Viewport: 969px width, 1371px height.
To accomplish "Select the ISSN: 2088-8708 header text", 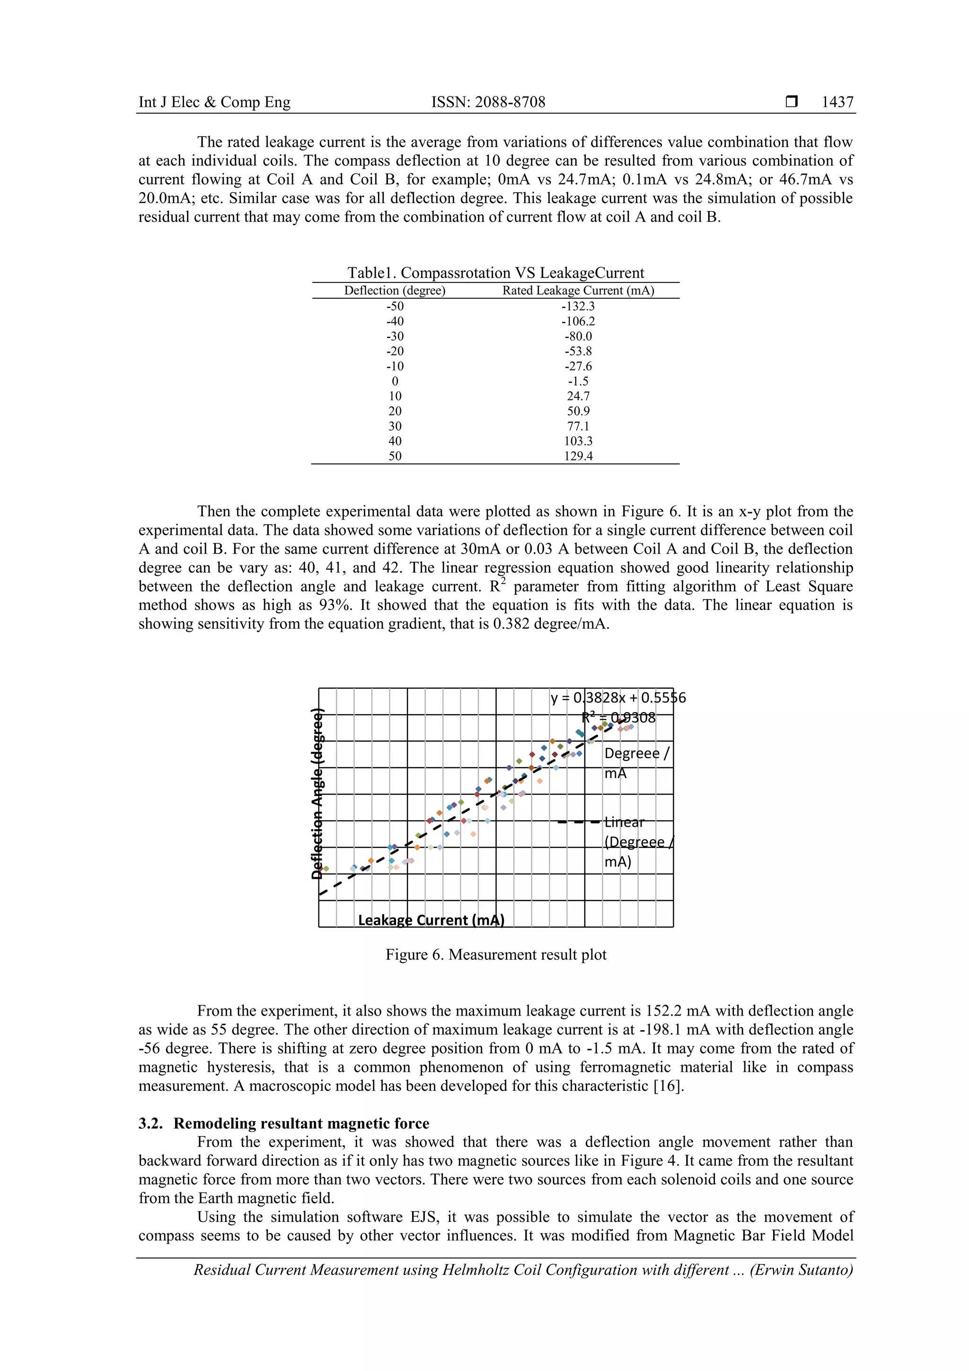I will [x=488, y=102].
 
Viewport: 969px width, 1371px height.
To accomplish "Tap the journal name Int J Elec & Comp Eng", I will [x=214, y=102].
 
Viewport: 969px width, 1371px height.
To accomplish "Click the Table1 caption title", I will [x=495, y=273].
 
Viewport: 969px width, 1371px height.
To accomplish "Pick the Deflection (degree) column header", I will [x=395, y=291].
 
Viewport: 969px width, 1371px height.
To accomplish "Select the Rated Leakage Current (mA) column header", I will [x=578, y=291].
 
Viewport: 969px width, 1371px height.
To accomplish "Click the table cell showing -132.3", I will [x=578, y=306].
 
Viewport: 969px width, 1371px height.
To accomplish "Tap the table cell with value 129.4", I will [x=578, y=456].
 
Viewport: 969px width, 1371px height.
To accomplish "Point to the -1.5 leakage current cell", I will [x=578, y=381].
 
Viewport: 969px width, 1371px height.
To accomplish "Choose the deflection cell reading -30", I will [x=395, y=336].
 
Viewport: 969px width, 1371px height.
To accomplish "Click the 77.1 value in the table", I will [x=578, y=426].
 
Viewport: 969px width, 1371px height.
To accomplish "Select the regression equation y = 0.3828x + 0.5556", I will [x=618, y=698].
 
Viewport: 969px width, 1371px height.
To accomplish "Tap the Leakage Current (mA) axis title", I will [x=431, y=920].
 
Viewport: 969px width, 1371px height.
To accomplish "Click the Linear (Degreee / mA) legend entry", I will [x=638, y=841].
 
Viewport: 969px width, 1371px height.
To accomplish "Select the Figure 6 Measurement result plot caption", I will [x=495, y=955].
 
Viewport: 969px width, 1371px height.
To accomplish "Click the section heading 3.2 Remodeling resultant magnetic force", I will [x=283, y=1123].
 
